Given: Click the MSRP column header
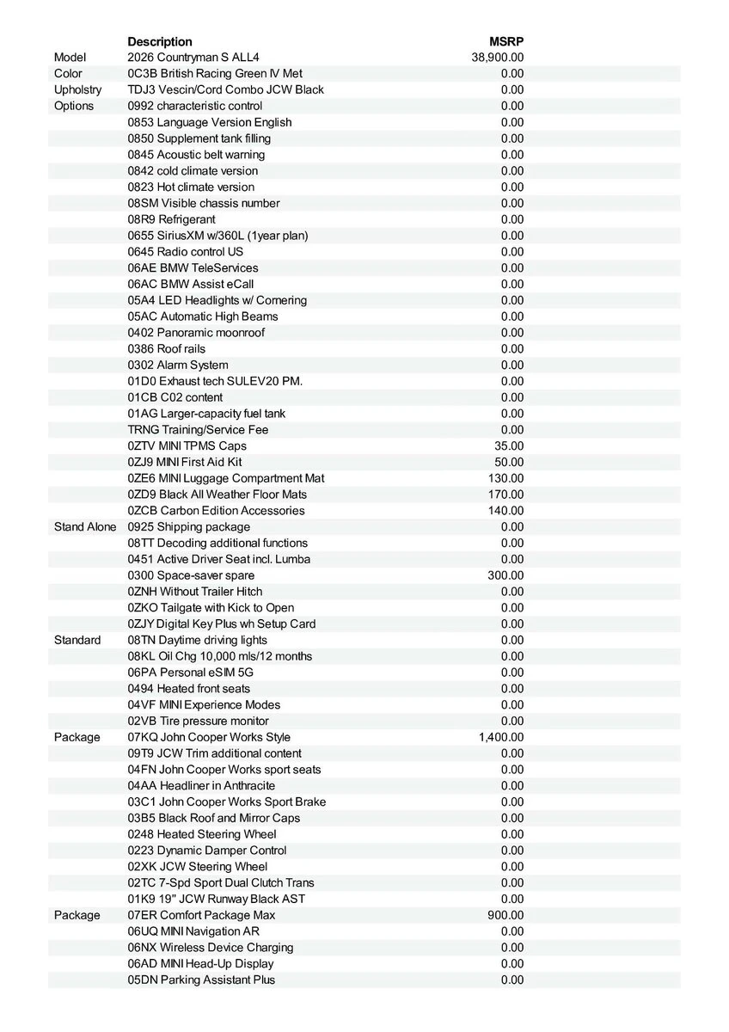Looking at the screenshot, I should [x=507, y=41].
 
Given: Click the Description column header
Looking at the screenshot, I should [x=160, y=41].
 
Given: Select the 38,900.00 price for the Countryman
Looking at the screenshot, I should [x=498, y=58].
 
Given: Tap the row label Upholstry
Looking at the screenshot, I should [x=77, y=89].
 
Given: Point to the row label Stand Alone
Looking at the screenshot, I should [x=84, y=526].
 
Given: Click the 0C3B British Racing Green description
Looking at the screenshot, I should [x=215, y=74].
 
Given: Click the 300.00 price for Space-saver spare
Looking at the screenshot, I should [x=505, y=575].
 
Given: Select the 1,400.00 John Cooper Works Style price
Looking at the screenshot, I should [x=501, y=737].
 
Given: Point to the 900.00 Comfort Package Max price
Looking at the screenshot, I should [x=505, y=915].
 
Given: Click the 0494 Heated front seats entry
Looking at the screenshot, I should [x=189, y=689].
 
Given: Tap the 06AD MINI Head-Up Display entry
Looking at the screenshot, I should [x=200, y=964].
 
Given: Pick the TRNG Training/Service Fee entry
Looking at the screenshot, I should [x=193, y=430].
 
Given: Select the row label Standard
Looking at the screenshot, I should [x=77, y=640].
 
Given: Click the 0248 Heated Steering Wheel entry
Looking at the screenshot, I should [x=202, y=834].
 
